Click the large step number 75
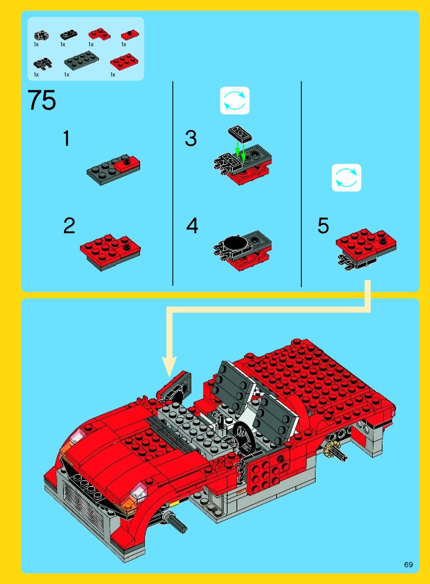pos(41,100)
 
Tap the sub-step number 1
pos(66,138)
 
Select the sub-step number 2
pos(69,225)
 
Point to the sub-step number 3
pos(191,138)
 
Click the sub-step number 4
pos(192,225)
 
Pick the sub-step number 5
pos(323,225)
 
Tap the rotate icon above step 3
pos(235,100)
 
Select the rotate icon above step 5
pos(346,178)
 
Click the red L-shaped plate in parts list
pos(99,34)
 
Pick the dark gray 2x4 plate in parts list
pos(81,60)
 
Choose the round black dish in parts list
pos(41,35)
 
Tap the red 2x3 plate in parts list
pos(124,62)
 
